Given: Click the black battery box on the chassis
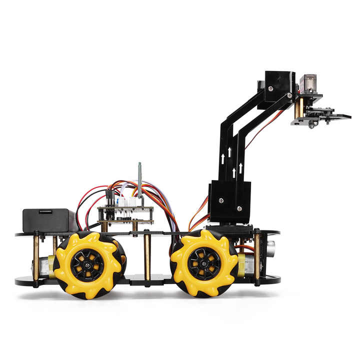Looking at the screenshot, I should [48, 220].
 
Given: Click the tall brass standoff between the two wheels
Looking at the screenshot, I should [147, 256].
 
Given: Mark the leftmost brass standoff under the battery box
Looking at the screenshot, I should [36, 257].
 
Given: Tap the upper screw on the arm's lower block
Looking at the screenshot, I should [219, 199].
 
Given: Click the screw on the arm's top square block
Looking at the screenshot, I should [270, 88].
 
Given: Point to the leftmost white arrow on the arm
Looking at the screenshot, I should [223, 159].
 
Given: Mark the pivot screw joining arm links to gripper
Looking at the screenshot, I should [289, 95].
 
